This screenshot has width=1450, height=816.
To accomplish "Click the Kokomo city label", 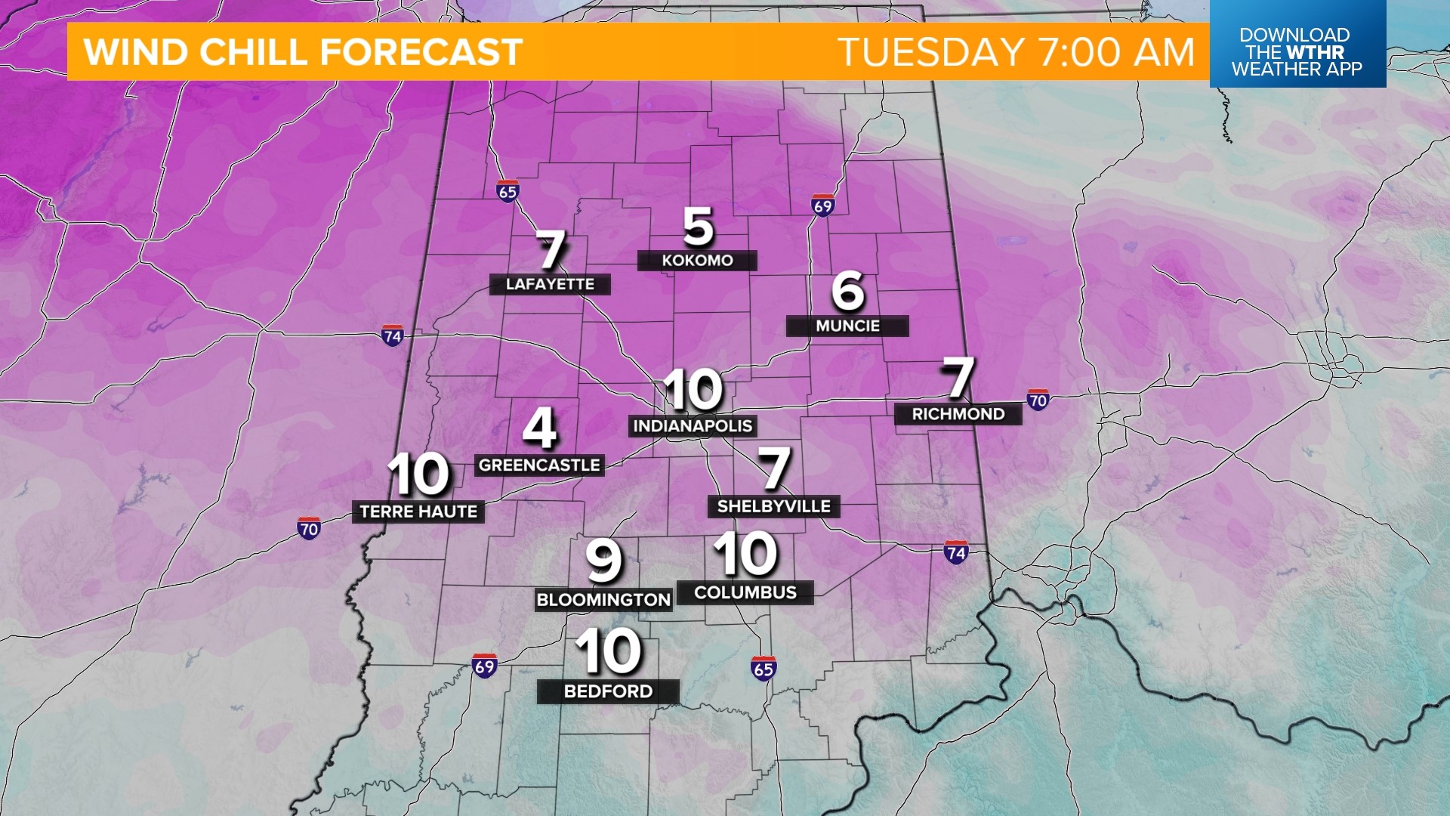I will tap(697, 261).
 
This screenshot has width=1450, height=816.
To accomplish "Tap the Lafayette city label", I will tap(550, 284).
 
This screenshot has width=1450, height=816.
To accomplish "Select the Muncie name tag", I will tap(847, 326).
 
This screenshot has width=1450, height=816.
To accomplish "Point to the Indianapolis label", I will tap(693, 426).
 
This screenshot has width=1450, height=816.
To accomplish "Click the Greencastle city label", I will tap(539, 465).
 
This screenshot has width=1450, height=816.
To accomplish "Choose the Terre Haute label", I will tap(418, 512).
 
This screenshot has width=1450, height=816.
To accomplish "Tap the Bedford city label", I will tap(608, 691).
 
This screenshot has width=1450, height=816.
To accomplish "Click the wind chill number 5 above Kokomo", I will tap(698, 226).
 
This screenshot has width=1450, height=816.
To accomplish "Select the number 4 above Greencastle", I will tap(540, 428).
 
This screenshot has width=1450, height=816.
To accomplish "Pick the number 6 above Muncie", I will tap(847, 291).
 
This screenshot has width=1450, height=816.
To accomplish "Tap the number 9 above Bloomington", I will tap(603, 561).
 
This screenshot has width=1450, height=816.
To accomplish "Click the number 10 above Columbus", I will tap(745, 554).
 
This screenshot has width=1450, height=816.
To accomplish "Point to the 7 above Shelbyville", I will tap(774, 468).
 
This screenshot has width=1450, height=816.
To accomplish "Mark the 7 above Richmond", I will tap(958, 378).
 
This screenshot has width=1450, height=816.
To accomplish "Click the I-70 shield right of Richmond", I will tap(1038, 400).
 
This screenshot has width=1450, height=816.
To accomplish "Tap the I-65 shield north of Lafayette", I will tap(507, 191).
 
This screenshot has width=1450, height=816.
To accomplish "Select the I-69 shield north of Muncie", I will tap(822, 205).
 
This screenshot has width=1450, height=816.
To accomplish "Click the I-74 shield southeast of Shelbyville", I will tap(956, 552).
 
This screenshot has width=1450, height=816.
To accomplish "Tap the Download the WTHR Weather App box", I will tap(1297, 44).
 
